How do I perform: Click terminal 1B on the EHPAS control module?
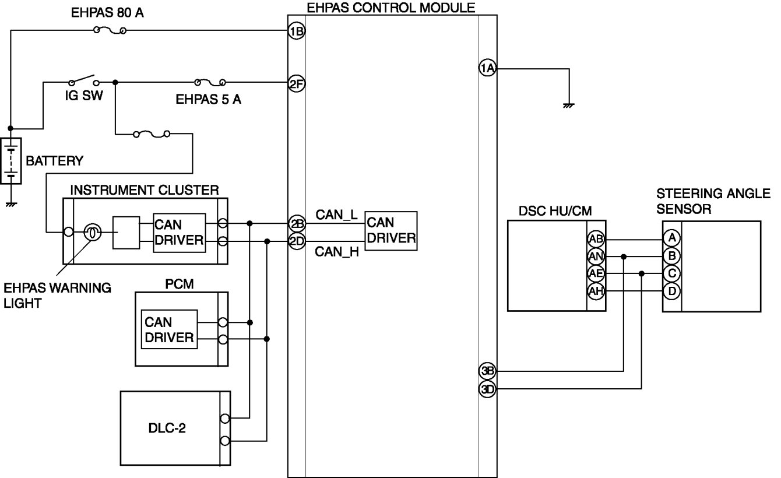(297, 31)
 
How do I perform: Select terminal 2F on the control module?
(297, 84)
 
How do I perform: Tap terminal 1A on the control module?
(487, 68)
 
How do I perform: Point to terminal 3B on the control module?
(487, 371)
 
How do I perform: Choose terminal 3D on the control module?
(487, 389)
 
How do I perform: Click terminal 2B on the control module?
(297, 223)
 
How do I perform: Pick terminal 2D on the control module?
(297, 241)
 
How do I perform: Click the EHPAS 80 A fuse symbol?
(110, 31)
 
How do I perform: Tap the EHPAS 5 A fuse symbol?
(210, 83)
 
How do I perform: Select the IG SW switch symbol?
(84, 81)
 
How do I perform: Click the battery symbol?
(11, 161)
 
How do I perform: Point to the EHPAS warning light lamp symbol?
(93, 232)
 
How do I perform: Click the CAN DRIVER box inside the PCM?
(169, 329)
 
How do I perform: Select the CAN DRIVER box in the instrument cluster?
(179, 233)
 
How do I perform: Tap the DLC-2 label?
(167, 428)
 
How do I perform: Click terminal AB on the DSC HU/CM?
(596, 239)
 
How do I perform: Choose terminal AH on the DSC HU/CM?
(596, 291)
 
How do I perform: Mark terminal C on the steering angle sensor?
(672, 273)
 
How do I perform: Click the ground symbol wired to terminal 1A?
(569, 106)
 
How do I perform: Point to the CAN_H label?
(337, 252)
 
